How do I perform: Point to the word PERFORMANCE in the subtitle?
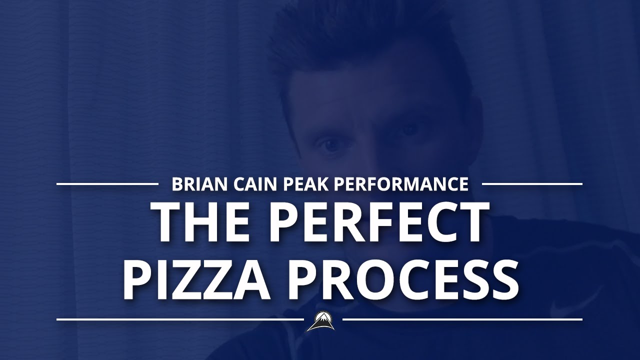[401, 184]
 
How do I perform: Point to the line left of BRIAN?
[107, 184]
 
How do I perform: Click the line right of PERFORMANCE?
[532, 184]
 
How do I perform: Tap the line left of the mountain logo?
[180, 319]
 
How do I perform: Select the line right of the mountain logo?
[462, 319]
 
